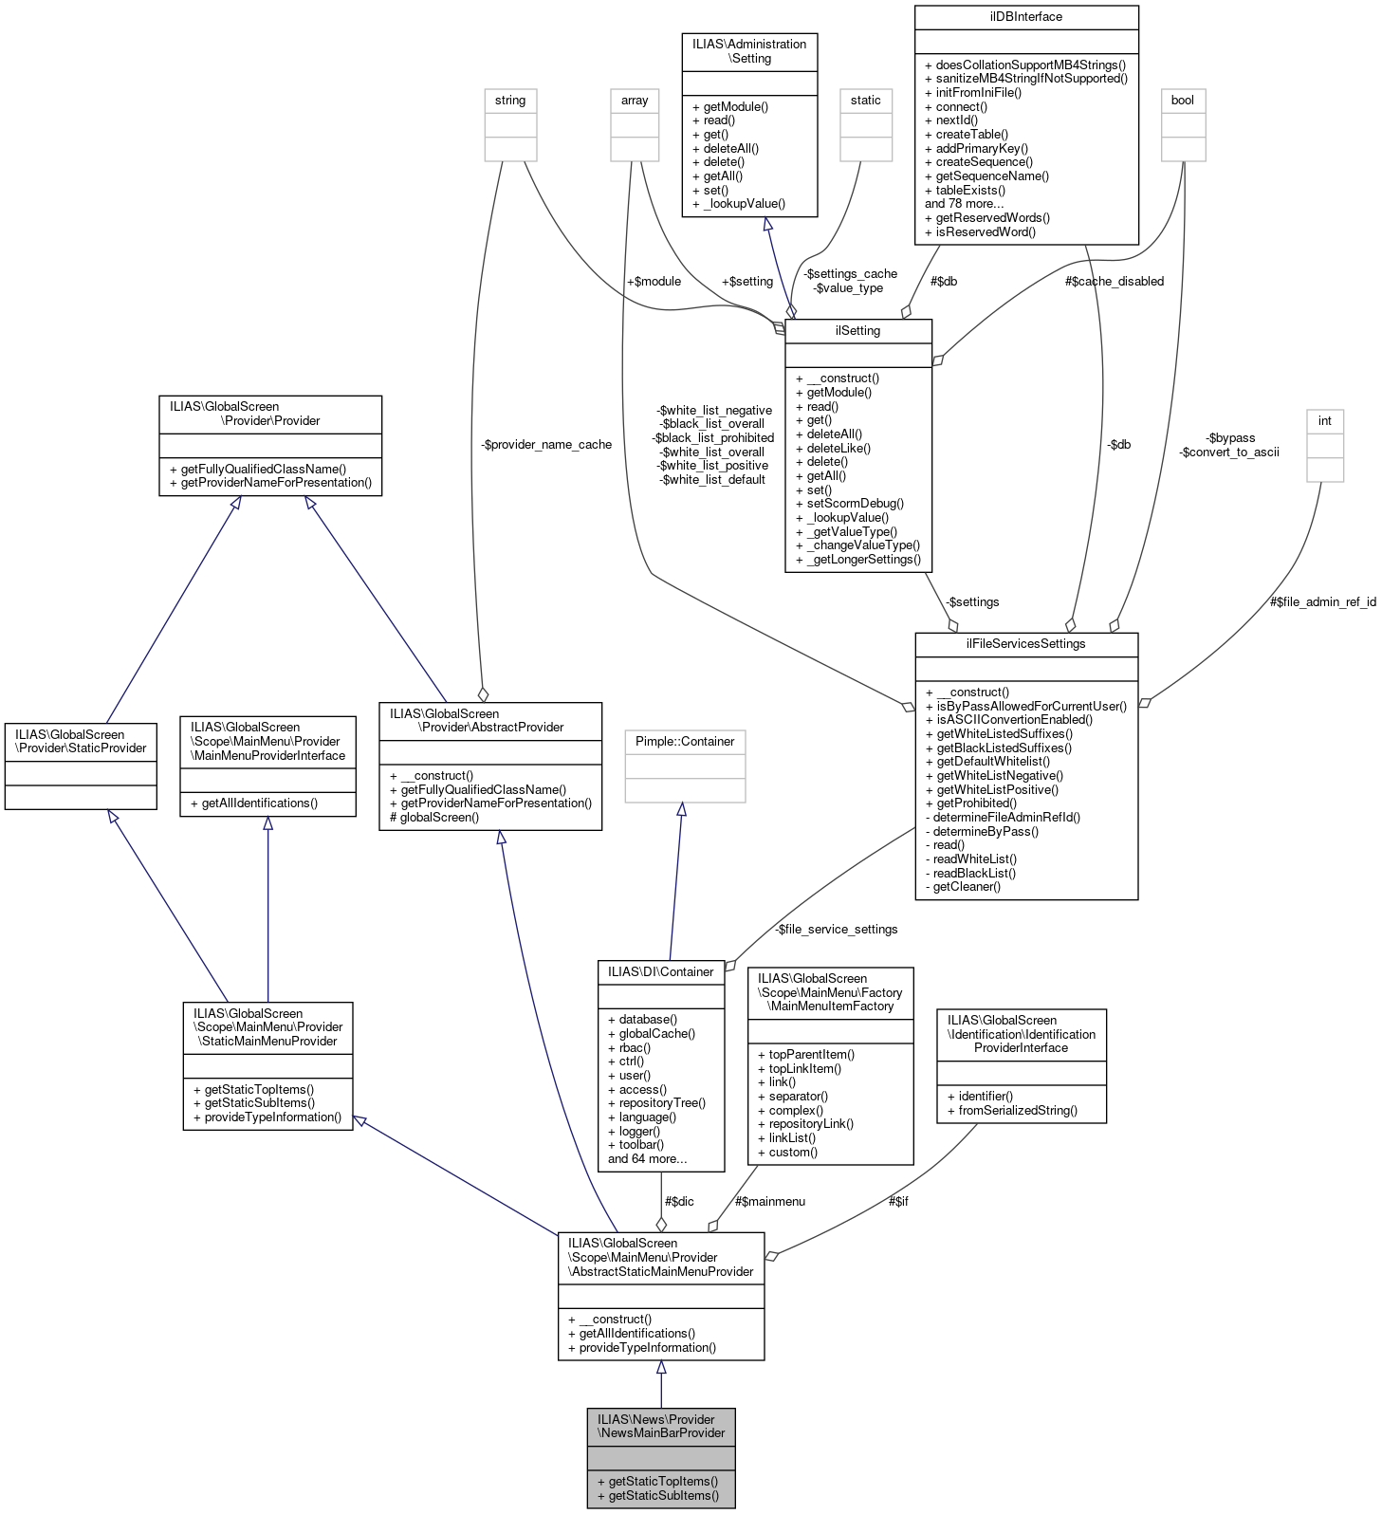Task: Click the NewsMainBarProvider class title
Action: click(661, 1426)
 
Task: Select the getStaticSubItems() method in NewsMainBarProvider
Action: click(663, 1495)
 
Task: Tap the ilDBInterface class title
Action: click(1025, 17)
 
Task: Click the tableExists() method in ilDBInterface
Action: click(969, 190)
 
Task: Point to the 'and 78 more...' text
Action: click(964, 203)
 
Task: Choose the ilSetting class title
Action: click(857, 331)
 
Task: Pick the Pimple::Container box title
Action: click(685, 742)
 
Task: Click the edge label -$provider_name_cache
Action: click(545, 444)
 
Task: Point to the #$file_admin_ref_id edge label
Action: click(1322, 601)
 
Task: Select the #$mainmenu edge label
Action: click(769, 1201)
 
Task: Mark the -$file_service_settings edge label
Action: click(836, 929)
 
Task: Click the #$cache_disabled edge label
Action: click(1114, 281)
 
